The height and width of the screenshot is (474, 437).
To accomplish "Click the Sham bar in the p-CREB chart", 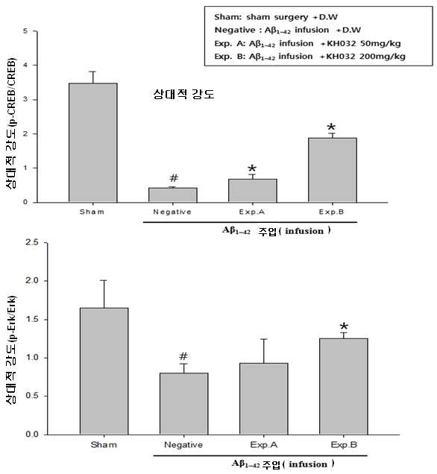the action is [x=92, y=142].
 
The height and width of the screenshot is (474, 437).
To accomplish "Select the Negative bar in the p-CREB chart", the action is [x=173, y=195].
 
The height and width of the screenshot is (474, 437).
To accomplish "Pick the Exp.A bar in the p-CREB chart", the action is [x=253, y=191].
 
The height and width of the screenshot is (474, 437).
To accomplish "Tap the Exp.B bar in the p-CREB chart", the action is [x=333, y=170].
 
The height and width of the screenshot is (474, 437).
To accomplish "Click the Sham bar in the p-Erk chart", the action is [x=104, y=371].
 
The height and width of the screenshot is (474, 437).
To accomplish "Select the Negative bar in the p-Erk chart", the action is [x=184, y=404].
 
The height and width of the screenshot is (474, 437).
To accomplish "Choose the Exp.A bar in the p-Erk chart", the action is [x=264, y=399].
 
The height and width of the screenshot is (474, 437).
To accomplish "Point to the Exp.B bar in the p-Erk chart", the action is [x=344, y=387].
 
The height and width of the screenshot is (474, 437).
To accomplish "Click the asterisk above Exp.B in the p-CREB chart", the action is [x=332, y=127].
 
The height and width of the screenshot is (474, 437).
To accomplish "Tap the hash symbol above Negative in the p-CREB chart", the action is [x=174, y=178].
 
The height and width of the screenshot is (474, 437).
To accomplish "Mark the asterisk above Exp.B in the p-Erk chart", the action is [x=344, y=326].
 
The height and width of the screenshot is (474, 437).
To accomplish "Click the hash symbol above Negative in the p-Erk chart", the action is [x=183, y=356].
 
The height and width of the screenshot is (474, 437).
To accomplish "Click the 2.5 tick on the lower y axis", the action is [x=32, y=242].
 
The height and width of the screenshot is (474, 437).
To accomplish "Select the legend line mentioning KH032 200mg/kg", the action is [x=310, y=57].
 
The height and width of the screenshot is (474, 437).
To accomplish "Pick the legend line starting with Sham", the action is [x=276, y=17].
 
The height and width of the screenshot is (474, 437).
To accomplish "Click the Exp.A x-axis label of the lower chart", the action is [x=264, y=445].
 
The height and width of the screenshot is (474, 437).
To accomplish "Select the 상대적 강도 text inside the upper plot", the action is [x=184, y=94].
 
